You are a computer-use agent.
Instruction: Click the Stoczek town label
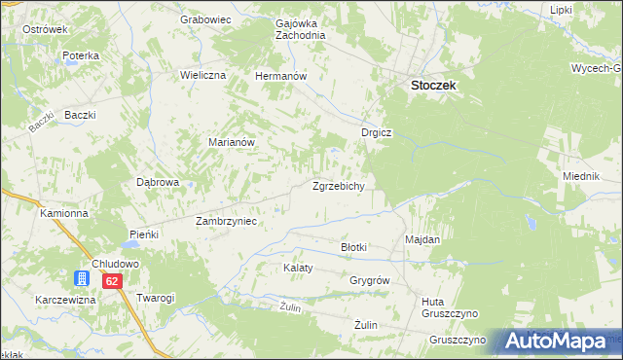[433, 86]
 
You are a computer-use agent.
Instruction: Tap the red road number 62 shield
[112, 281]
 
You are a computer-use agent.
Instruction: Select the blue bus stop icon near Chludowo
[84, 279]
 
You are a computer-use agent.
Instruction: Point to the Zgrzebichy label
[338, 186]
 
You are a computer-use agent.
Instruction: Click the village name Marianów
[232, 142]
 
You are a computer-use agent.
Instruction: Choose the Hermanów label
[280, 76]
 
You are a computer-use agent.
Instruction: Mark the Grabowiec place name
[203, 18]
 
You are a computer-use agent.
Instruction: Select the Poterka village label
[81, 56]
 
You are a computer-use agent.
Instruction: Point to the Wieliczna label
[202, 75]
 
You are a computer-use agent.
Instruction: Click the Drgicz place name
[375, 134]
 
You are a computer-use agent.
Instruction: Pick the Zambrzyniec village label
[225, 221]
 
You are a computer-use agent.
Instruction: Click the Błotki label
[353, 247]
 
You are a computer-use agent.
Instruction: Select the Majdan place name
[422, 239]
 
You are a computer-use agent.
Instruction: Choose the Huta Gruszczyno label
[446, 308]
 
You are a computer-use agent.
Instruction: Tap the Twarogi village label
[156, 298]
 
